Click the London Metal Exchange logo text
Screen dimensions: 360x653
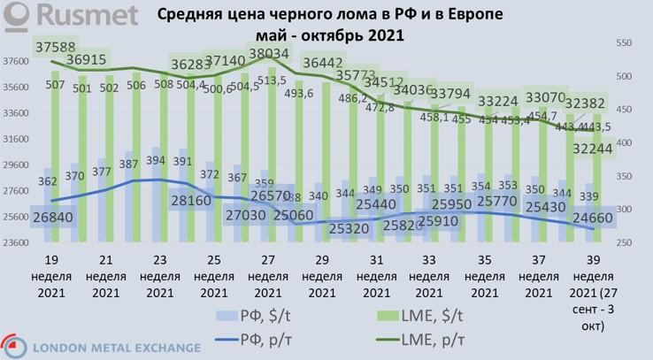[x=101, y=348]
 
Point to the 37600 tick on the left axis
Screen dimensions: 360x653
[x=18, y=61]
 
